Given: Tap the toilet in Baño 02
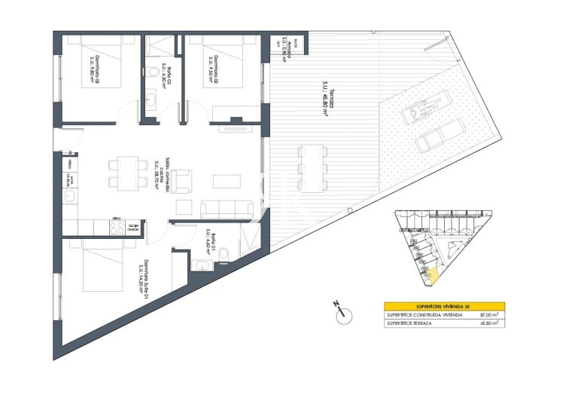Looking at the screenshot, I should pos(153,72).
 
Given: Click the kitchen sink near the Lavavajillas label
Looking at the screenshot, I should pos(68,197).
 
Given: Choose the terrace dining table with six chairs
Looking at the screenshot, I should pos(311,167).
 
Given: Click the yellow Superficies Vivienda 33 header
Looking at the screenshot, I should pos(443,306).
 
